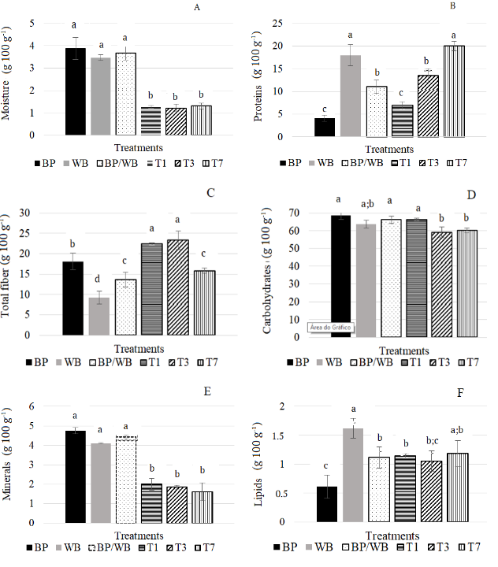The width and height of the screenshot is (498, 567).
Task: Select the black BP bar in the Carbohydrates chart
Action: click(340, 276)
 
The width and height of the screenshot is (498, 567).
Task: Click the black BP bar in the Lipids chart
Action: click(326, 504)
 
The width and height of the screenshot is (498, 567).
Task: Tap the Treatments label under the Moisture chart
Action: click(139, 147)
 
